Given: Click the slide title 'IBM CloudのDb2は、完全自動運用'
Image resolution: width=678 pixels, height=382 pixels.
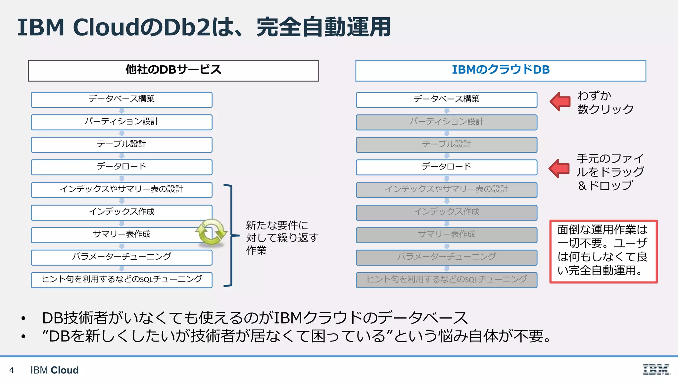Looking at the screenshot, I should (204, 27).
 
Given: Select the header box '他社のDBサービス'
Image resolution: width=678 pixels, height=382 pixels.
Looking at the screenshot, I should (173, 70).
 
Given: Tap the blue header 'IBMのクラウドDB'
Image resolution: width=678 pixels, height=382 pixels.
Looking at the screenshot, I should (501, 70).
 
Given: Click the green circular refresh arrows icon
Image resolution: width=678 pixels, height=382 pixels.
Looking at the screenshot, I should (211, 232).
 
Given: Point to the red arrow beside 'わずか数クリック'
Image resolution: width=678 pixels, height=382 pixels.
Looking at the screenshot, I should (560, 101).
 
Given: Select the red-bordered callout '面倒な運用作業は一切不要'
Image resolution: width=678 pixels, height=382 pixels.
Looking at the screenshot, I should (603, 251).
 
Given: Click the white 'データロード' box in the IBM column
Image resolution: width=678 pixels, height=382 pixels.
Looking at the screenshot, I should (446, 167).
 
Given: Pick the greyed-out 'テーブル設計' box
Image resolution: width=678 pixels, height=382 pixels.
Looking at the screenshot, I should (446, 145).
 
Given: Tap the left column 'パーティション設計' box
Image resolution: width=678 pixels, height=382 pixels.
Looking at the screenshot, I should (121, 122).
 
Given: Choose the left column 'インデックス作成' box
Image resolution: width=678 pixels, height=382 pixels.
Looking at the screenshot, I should (121, 212).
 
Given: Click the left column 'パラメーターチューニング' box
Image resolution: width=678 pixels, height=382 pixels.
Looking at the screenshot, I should (121, 257).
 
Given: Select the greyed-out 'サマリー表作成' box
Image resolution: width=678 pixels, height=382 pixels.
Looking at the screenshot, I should (446, 235).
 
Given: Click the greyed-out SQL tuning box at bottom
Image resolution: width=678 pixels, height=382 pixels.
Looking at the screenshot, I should (446, 280).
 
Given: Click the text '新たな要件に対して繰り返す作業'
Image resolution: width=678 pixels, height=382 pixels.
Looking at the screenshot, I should (281, 238).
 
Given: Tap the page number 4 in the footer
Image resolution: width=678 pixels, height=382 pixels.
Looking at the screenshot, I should (12, 370).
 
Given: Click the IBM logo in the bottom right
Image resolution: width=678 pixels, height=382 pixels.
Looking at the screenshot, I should (656, 369).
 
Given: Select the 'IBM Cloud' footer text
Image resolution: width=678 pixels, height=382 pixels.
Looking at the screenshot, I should (55, 370).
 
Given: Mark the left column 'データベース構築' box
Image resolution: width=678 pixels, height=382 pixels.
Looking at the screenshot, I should (121, 99).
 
